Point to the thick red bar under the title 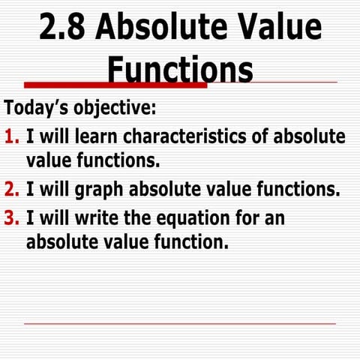point(112,85)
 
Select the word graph point(88,187)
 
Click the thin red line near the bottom point(180,324)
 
